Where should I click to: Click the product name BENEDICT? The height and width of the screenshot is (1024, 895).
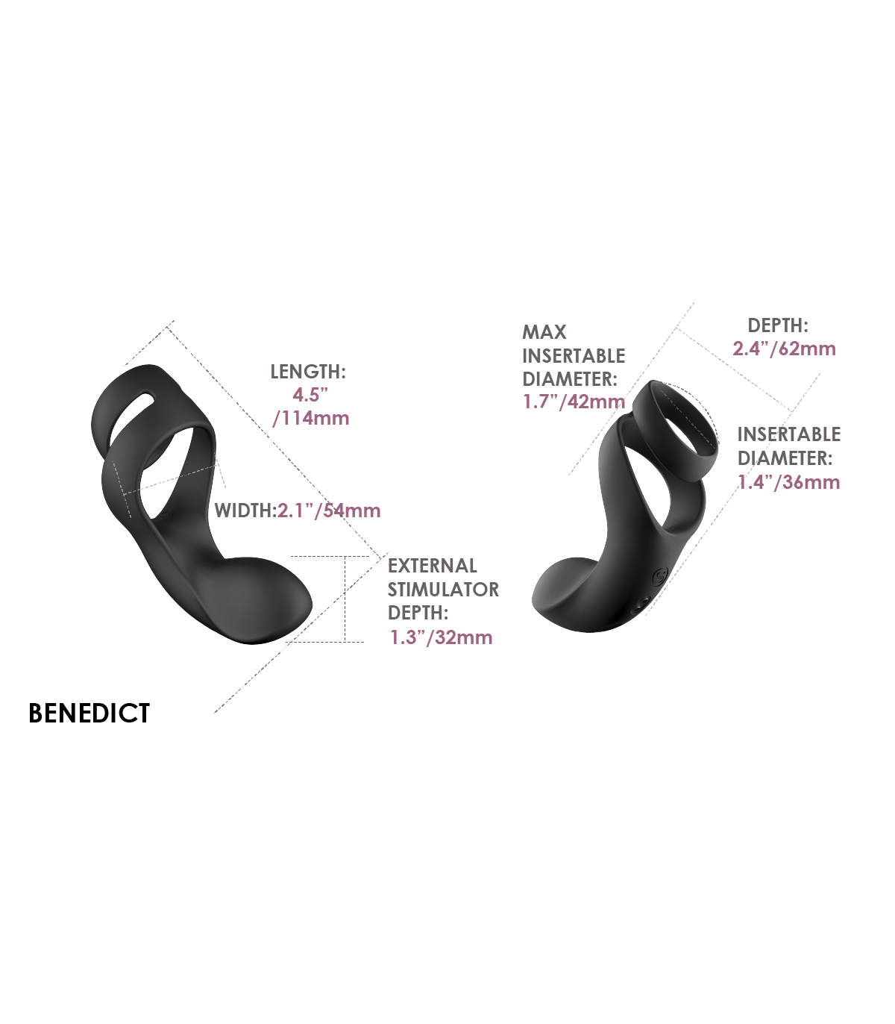tap(89, 713)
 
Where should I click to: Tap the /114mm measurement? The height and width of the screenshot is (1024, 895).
tap(311, 418)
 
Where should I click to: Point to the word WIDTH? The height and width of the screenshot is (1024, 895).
tap(244, 511)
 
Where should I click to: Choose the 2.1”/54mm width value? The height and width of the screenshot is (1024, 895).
tap(329, 511)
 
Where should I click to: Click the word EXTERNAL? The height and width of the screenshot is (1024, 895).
tap(432, 566)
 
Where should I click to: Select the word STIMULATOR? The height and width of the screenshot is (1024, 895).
tap(443, 590)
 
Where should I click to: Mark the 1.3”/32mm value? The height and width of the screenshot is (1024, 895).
tap(441, 637)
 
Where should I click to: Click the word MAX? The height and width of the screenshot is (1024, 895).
tap(544, 332)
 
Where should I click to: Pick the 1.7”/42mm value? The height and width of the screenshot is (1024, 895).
tap(574, 402)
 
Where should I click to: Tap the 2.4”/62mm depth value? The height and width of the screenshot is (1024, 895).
tap(784, 349)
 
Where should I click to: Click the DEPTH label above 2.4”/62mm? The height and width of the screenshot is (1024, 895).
tap(778, 325)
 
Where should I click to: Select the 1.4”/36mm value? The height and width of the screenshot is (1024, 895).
tap(789, 482)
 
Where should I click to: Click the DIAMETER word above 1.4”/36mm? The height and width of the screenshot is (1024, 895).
tap(784, 458)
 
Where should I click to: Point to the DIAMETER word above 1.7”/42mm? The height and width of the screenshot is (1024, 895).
tap(569, 379)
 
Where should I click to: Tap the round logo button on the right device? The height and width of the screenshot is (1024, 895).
tap(659, 575)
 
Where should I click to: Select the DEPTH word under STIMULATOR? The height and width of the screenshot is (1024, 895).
tap(417, 614)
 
